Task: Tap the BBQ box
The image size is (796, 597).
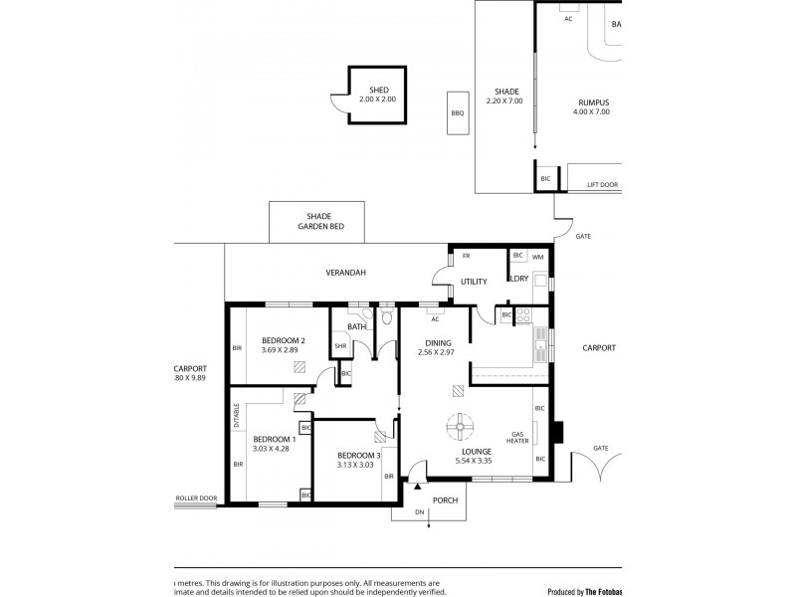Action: (x=458, y=112)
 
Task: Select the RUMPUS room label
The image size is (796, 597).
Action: (x=592, y=102)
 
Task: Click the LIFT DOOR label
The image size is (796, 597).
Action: (x=602, y=185)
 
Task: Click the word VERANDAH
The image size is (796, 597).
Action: (x=346, y=273)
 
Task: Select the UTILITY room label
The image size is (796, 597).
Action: (x=474, y=282)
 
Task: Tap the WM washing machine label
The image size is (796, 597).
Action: (x=537, y=257)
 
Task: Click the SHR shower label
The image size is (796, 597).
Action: (x=339, y=346)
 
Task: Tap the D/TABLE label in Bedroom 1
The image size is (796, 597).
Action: (x=237, y=415)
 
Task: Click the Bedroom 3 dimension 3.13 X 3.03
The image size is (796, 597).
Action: (x=355, y=464)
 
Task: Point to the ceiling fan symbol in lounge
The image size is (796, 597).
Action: (x=459, y=427)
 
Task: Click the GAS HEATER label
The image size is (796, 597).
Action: (x=518, y=439)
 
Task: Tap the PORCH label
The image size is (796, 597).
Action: (x=445, y=499)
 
